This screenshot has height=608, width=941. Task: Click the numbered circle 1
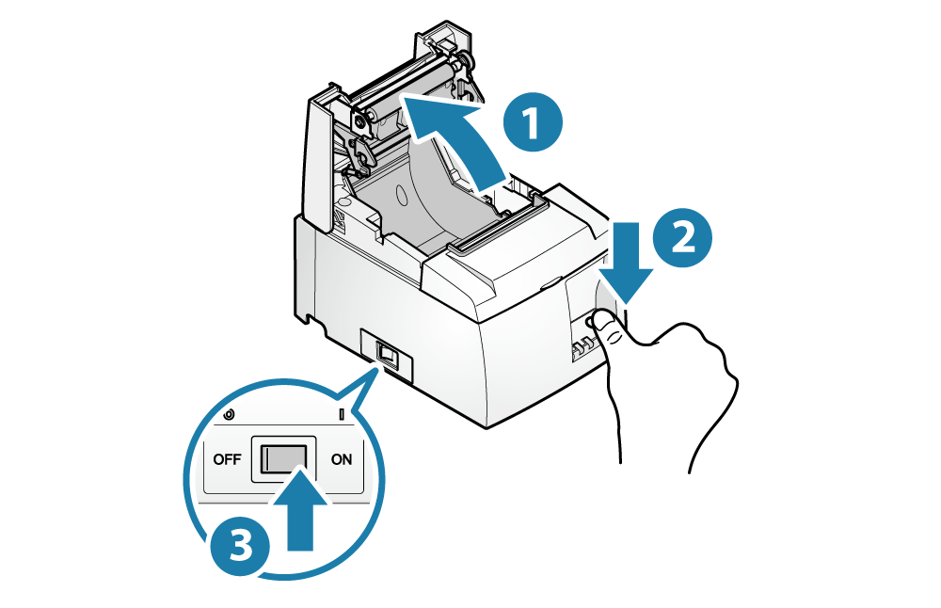point(533,125)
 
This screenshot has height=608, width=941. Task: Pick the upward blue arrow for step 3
point(302,517)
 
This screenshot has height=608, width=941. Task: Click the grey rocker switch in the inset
point(281,459)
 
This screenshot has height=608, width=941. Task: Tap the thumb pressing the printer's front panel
point(613,327)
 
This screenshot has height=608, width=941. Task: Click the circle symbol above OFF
point(229,414)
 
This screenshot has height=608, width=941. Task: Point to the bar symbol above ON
point(340,414)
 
